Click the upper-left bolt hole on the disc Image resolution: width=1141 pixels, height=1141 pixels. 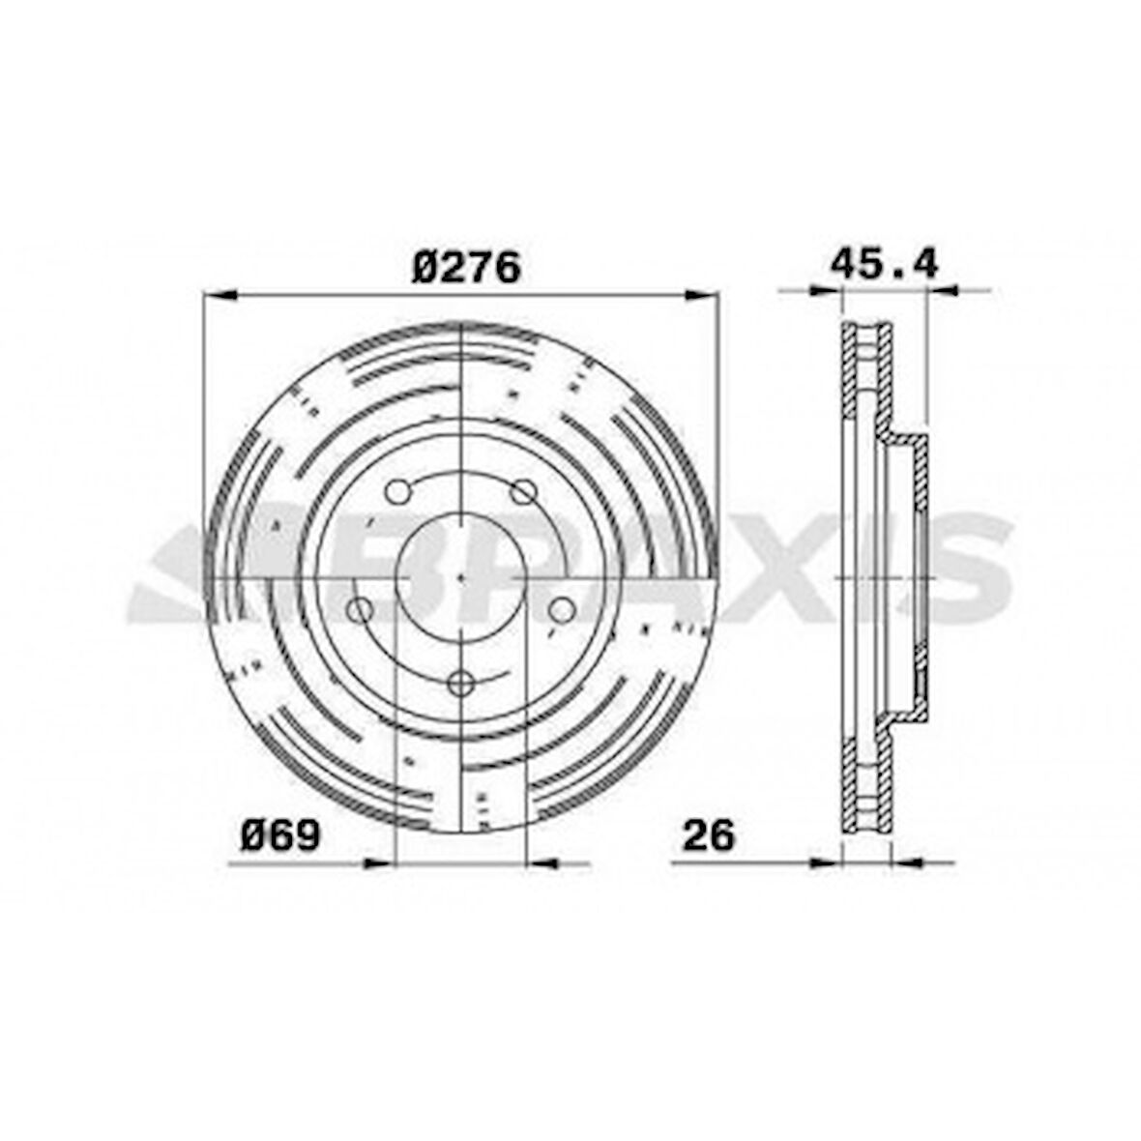click(x=397, y=492)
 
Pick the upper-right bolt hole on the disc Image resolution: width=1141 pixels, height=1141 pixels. click(x=523, y=492)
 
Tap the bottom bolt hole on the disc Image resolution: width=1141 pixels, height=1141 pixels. click(x=460, y=684)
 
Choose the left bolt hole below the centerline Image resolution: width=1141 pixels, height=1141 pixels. click(x=359, y=610)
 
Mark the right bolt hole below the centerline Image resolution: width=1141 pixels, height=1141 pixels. click(x=561, y=610)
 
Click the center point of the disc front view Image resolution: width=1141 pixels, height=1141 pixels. click(x=461, y=578)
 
